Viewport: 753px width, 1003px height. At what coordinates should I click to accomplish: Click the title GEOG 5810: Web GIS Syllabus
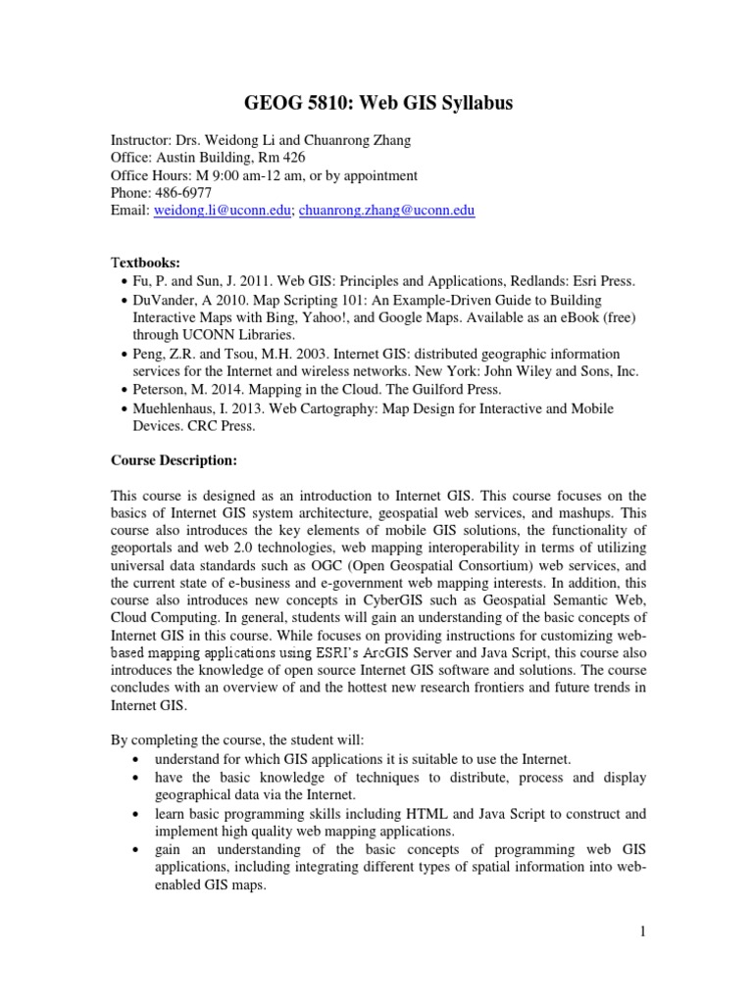(376, 104)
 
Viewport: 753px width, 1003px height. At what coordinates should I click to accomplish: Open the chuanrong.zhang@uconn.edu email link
(386, 211)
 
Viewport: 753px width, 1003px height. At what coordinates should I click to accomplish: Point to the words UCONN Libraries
(225, 335)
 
